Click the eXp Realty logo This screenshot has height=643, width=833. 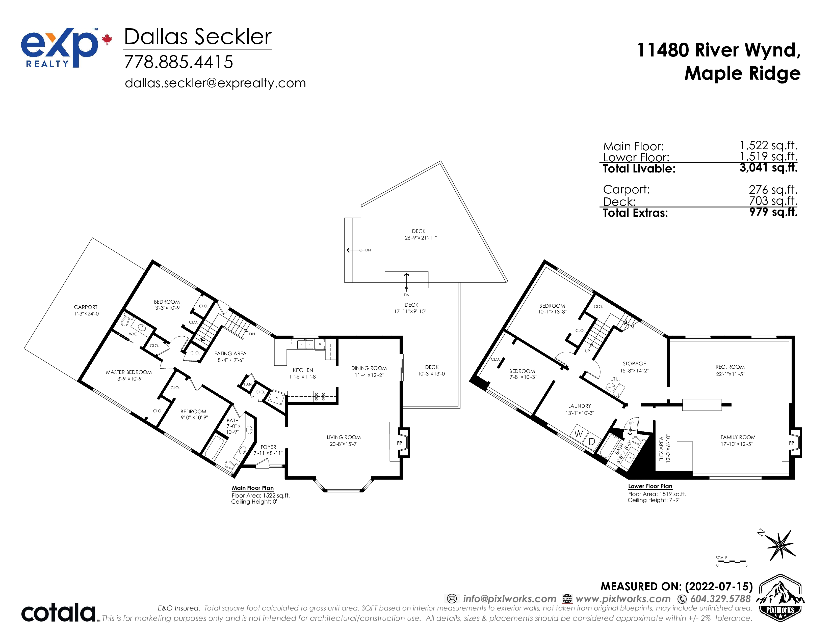coord(66,48)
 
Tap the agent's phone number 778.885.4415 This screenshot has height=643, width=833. coord(178,62)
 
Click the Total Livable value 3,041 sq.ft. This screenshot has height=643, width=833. coord(768,168)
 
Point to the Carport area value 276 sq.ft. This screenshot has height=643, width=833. coord(773,189)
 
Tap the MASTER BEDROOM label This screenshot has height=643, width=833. coord(129,372)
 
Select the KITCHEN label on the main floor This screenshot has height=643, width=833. coord(303,370)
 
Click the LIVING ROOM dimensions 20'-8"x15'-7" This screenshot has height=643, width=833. coord(344,444)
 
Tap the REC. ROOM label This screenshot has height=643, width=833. coord(730,367)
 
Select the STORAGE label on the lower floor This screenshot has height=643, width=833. coord(634,364)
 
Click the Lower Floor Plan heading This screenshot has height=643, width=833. coord(650,486)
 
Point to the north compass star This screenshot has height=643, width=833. coord(780,545)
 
